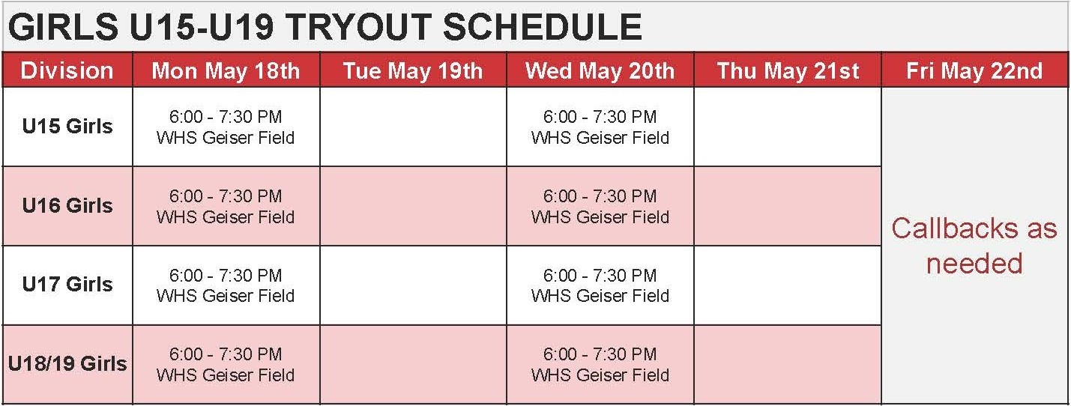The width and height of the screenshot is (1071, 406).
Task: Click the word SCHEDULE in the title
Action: tap(542, 27)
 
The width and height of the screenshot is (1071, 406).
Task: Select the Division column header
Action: tap(67, 70)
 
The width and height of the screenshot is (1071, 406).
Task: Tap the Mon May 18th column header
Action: tap(226, 70)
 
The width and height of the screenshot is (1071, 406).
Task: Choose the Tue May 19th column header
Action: tap(413, 70)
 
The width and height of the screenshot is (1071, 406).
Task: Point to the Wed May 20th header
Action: tap(600, 70)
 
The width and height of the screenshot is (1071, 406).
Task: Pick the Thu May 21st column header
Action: tap(788, 70)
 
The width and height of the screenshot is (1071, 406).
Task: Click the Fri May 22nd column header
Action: tap(974, 70)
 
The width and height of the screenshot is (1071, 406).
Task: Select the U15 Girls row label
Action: tap(67, 126)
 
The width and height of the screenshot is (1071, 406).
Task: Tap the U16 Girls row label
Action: tap(67, 205)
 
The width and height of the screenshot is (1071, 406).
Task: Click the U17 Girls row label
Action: tap(67, 284)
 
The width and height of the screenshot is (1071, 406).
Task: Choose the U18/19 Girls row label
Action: tap(67, 363)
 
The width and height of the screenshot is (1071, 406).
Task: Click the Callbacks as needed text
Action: tap(974, 246)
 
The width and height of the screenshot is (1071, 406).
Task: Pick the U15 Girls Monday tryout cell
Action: tap(226, 127)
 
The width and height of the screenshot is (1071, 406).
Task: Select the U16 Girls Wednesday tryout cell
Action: tap(600, 206)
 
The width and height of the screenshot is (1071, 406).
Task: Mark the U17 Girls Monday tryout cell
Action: tap(226, 285)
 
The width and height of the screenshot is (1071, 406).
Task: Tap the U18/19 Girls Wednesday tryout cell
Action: tap(600, 365)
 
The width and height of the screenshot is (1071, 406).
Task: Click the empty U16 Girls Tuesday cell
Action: tap(413, 206)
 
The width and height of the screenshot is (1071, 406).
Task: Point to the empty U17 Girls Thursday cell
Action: tap(788, 285)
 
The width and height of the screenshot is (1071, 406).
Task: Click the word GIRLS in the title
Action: tap(63, 27)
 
